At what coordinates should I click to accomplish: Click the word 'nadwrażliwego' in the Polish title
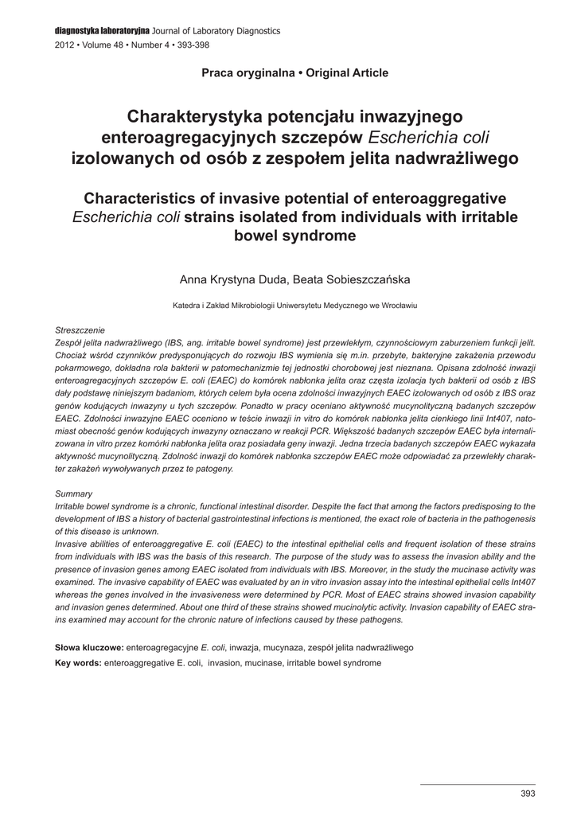pyautogui.click(x=450, y=158)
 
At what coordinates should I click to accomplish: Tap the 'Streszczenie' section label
pyautogui.click(x=80, y=330)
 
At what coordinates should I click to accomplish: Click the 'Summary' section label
pyautogui.click(x=73, y=493)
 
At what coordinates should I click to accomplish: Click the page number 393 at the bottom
pyautogui.click(x=527, y=794)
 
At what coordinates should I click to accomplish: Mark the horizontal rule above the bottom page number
pyautogui.click(x=478, y=784)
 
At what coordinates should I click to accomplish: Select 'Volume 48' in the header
pyautogui.click(x=102, y=45)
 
